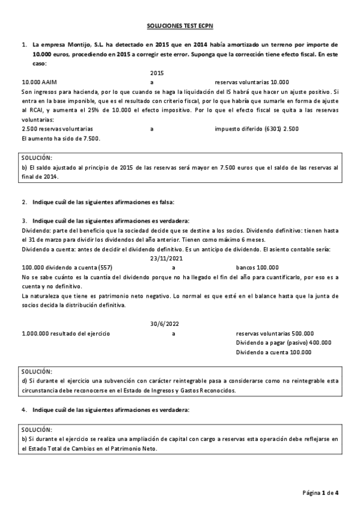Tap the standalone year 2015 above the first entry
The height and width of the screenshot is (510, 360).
tap(157, 72)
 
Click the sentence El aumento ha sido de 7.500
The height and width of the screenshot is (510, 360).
tap(61, 138)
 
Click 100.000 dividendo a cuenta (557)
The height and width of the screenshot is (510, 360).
tap(67, 267)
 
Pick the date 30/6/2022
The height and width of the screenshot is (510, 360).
tap(164, 324)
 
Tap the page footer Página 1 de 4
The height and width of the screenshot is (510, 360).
tap(320, 493)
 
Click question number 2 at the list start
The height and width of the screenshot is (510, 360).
tap(24, 201)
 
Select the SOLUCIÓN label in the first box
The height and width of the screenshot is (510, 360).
tap(37, 157)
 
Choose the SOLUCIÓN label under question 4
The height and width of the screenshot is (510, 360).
tap(37, 430)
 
